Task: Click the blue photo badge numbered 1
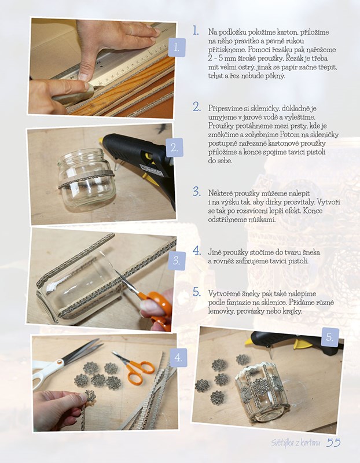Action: pos(177,47)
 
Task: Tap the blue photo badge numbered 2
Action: pos(175,148)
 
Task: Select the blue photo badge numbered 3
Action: pos(177,261)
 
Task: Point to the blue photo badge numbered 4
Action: pos(178,358)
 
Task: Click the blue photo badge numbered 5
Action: pos(330,337)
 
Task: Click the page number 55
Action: pos(333,442)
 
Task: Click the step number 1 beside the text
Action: pos(196,31)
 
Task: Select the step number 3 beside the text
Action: pos(197,192)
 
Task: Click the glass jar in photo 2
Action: pos(86,179)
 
